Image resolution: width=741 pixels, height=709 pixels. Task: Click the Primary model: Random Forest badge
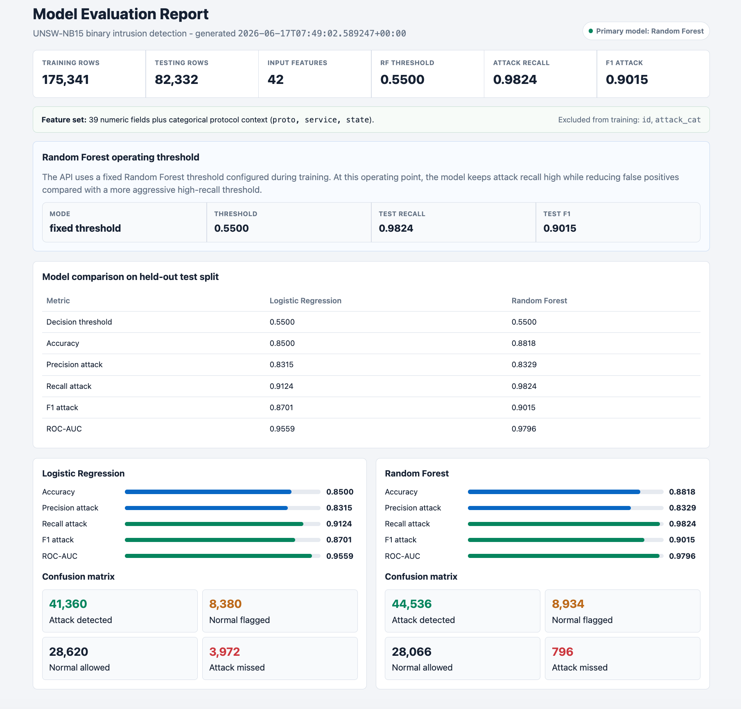(646, 31)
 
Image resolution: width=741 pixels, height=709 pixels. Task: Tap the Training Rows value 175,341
(66, 79)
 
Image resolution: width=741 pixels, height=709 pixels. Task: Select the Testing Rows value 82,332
(176, 79)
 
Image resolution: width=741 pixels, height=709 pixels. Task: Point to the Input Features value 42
(276, 79)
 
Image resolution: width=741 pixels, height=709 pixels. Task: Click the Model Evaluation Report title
(121, 14)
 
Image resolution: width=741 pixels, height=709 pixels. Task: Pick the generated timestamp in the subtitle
(322, 33)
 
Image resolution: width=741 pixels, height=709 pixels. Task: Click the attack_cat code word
(678, 120)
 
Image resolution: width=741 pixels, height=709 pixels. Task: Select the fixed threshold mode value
(85, 228)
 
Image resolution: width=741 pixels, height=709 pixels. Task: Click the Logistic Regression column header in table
(305, 300)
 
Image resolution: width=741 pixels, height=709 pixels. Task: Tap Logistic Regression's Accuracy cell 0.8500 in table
(282, 343)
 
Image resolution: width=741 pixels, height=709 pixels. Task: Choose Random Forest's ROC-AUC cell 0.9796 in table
(524, 429)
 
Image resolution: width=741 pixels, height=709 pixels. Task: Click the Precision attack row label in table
(75, 364)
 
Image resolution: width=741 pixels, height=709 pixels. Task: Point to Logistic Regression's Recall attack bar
(214, 524)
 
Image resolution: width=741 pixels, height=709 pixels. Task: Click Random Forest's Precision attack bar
(549, 508)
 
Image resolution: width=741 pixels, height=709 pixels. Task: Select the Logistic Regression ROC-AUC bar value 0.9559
(340, 556)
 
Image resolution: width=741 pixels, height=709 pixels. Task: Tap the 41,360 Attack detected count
(68, 604)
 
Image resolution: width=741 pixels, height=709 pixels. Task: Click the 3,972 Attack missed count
(225, 652)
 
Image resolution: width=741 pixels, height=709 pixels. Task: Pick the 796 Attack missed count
(563, 652)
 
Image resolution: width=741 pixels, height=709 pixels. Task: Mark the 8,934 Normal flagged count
(568, 604)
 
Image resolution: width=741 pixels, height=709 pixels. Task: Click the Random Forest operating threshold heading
(121, 157)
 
